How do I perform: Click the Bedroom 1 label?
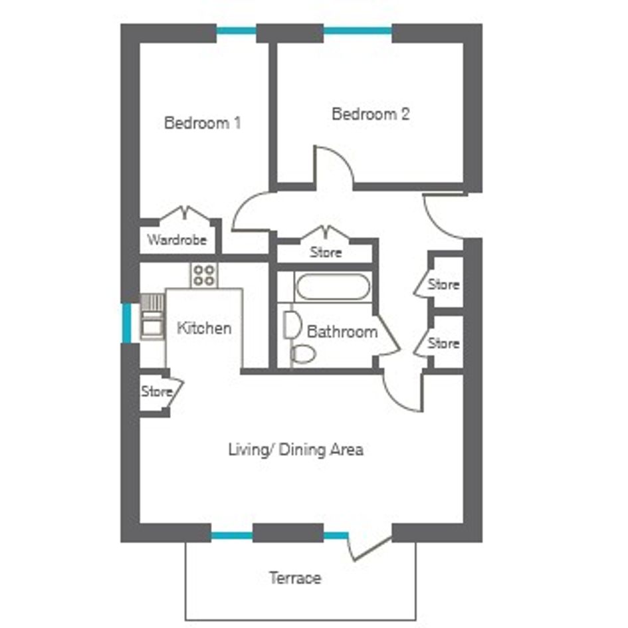pos(203,122)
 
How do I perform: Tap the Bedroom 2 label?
pos(370,114)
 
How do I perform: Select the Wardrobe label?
pos(177,240)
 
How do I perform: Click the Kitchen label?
pos(204,328)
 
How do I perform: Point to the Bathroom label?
pos(342,332)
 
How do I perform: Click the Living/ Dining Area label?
pos(296,449)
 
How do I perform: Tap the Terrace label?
pos(295,578)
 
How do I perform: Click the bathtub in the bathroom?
pos(333,287)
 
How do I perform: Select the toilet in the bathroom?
pos(303,354)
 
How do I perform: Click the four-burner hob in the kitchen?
pos(204,275)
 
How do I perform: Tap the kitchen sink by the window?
pos(152,316)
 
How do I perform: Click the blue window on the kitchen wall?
pos(126,323)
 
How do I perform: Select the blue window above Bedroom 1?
pos(237,31)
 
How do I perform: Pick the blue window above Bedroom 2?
pos(358,31)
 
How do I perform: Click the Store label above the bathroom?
pos(326,253)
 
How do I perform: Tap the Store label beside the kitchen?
pos(157,391)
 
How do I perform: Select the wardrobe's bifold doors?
pos(185,213)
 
